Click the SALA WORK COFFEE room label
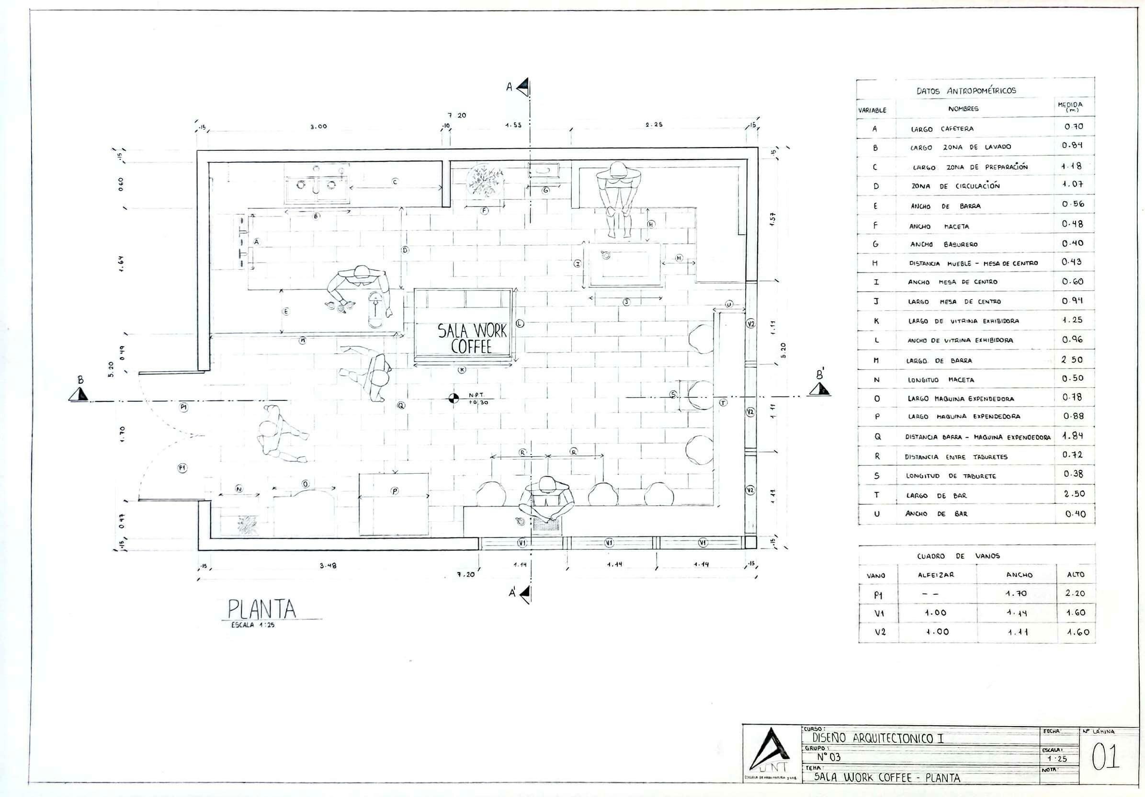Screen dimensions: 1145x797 [472, 338]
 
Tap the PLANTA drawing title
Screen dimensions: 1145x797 [262, 609]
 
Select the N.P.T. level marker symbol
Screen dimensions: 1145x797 [453, 398]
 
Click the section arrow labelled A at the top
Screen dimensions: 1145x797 [523, 87]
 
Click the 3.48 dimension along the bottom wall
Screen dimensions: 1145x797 [327, 566]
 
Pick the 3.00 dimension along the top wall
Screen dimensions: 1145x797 [318, 126]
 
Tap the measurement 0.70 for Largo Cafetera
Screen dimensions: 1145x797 [1074, 126]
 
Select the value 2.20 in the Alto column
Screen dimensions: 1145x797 [1075, 593]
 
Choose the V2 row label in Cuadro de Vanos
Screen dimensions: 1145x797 [880, 632]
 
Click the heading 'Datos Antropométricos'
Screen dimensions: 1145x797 [966, 91]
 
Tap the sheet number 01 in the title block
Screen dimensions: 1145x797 [1106, 757]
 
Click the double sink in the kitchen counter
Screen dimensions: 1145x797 [317, 185]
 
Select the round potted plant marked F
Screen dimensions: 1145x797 [485, 181]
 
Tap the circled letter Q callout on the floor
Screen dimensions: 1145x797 [401, 406]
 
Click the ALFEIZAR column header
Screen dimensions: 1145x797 [936, 575]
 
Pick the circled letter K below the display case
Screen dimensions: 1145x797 [462, 370]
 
